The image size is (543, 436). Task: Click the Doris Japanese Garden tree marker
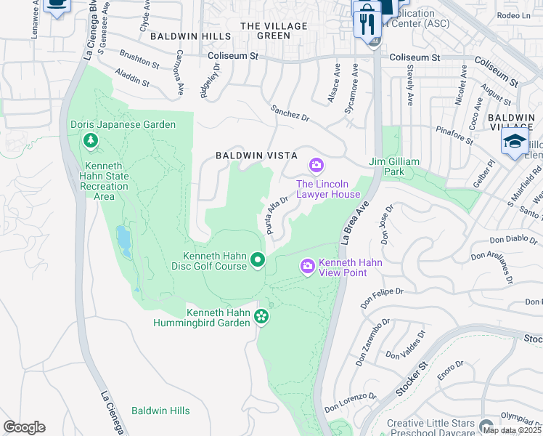(91, 140)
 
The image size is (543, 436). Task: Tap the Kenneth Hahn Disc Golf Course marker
(257, 259)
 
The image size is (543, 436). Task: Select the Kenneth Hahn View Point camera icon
(308, 267)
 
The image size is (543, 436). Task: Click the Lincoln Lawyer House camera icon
(316, 166)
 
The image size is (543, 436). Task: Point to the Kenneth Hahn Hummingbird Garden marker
(261, 316)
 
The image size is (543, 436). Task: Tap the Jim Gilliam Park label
(396, 166)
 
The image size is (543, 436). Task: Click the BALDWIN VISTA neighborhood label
(249, 156)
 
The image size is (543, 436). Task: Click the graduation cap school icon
(515, 141)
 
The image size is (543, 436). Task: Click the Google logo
(24, 427)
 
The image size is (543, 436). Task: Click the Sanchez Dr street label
(290, 113)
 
